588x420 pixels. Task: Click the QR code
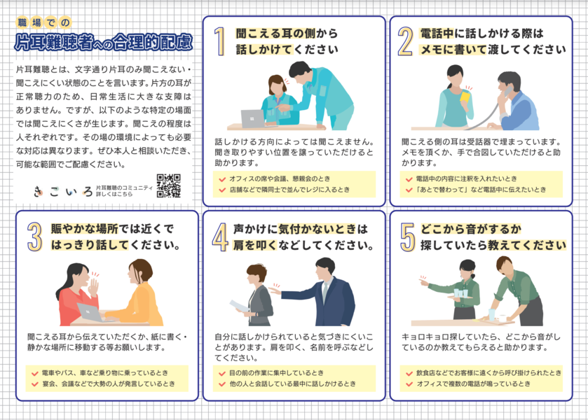click(x=169, y=185)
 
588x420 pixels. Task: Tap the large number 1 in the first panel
click(x=220, y=41)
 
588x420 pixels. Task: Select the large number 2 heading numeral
click(x=405, y=41)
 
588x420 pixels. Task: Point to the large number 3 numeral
click(x=34, y=237)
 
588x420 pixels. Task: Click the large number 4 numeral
click(x=220, y=237)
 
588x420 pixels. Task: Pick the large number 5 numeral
click(x=407, y=237)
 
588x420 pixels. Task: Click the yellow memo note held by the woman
click(x=465, y=96)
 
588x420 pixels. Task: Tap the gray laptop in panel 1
click(x=253, y=119)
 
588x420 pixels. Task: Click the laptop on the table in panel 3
click(x=91, y=313)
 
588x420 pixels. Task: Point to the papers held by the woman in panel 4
click(x=239, y=306)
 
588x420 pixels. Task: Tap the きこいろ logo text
click(x=62, y=192)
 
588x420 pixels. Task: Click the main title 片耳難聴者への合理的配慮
click(x=104, y=42)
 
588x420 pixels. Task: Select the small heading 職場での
click(x=43, y=23)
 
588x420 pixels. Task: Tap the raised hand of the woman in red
click(x=93, y=286)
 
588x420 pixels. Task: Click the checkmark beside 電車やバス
click(x=35, y=373)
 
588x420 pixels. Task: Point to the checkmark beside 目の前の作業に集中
click(x=222, y=373)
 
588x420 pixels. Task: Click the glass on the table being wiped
click(x=491, y=315)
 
